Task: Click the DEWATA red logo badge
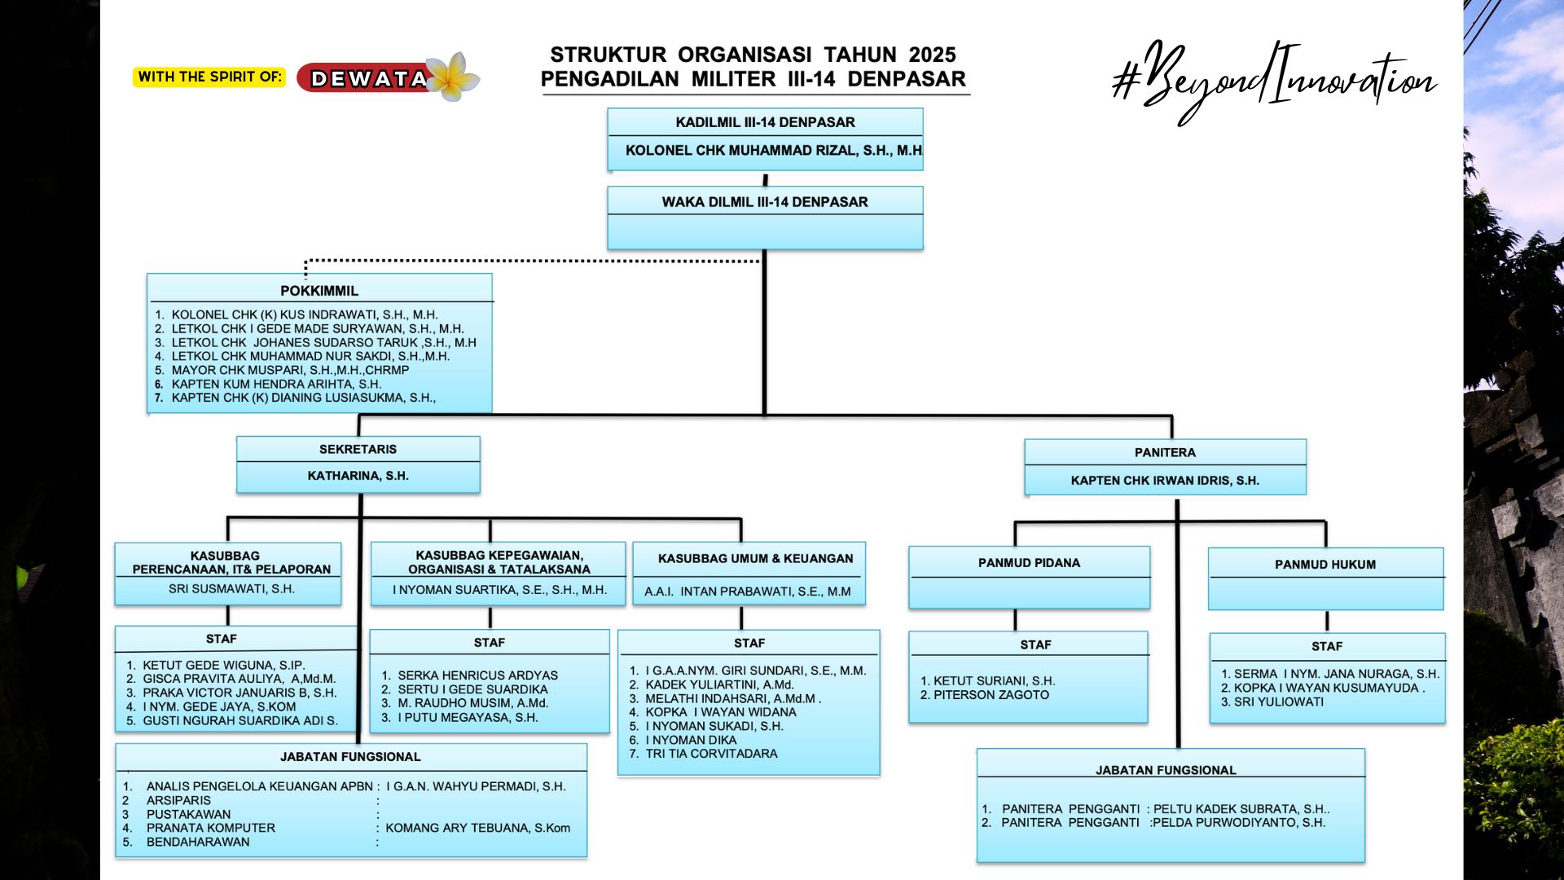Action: [367, 78]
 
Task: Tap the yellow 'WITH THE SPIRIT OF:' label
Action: [209, 77]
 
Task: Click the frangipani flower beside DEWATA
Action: [453, 77]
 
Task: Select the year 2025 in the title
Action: [932, 55]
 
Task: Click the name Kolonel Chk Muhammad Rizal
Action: [773, 151]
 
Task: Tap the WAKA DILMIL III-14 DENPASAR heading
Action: [764, 202]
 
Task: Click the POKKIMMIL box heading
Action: [319, 291]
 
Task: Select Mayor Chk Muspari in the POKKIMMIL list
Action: [290, 370]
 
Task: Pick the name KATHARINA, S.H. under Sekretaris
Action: [358, 476]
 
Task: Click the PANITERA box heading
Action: [1165, 453]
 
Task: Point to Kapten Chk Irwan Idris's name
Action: [1165, 481]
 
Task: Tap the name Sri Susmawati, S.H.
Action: [231, 589]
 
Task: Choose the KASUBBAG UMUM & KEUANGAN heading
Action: [755, 559]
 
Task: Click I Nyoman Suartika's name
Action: [499, 590]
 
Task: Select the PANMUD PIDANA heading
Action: [1029, 563]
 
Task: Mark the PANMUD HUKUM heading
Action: [1325, 565]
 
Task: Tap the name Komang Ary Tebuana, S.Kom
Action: [477, 828]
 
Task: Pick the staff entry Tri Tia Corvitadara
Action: [711, 754]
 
